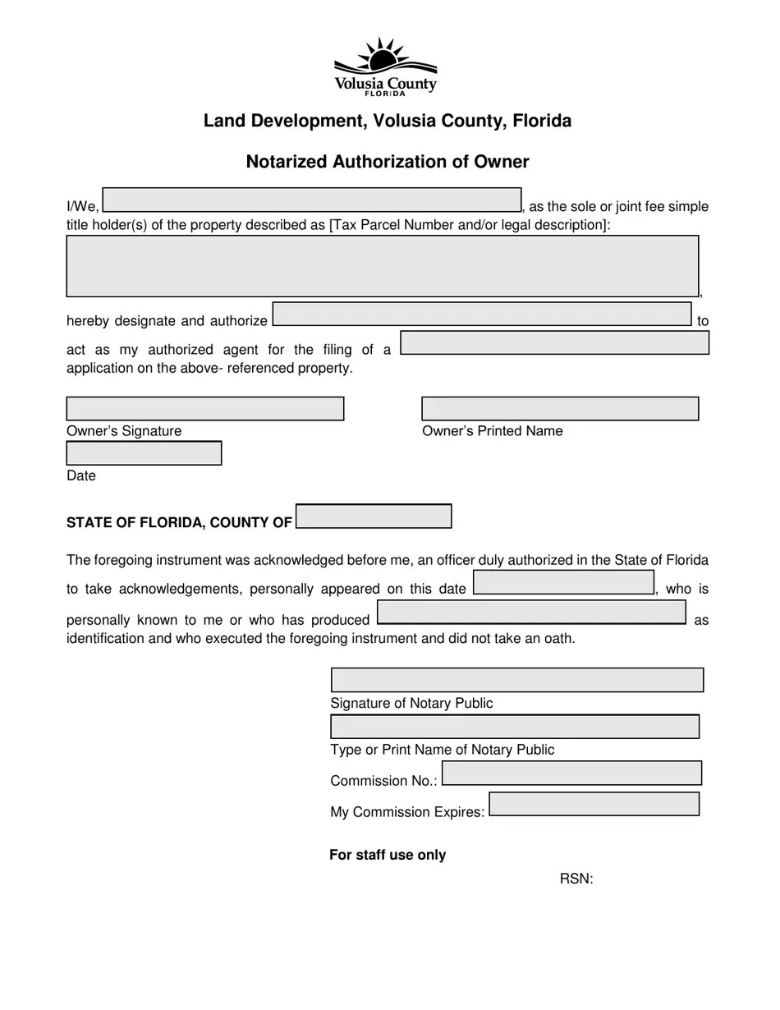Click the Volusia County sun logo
[x=385, y=66]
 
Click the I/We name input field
[x=312, y=200]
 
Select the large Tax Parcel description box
[x=382, y=266]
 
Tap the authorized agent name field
[x=482, y=314]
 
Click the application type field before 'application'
[x=554, y=343]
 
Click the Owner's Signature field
[x=204, y=409]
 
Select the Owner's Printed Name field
[x=560, y=409]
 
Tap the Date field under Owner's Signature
[x=144, y=453]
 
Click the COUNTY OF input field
[x=374, y=516]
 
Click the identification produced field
[x=531, y=613]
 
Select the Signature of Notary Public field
[x=517, y=680]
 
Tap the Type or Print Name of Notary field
[x=515, y=727]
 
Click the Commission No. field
[x=571, y=774]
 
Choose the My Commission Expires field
[x=594, y=804]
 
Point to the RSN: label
[x=576, y=879]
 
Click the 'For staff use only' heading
[x=388, y=855]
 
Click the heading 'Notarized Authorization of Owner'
[x=388, y=162]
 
